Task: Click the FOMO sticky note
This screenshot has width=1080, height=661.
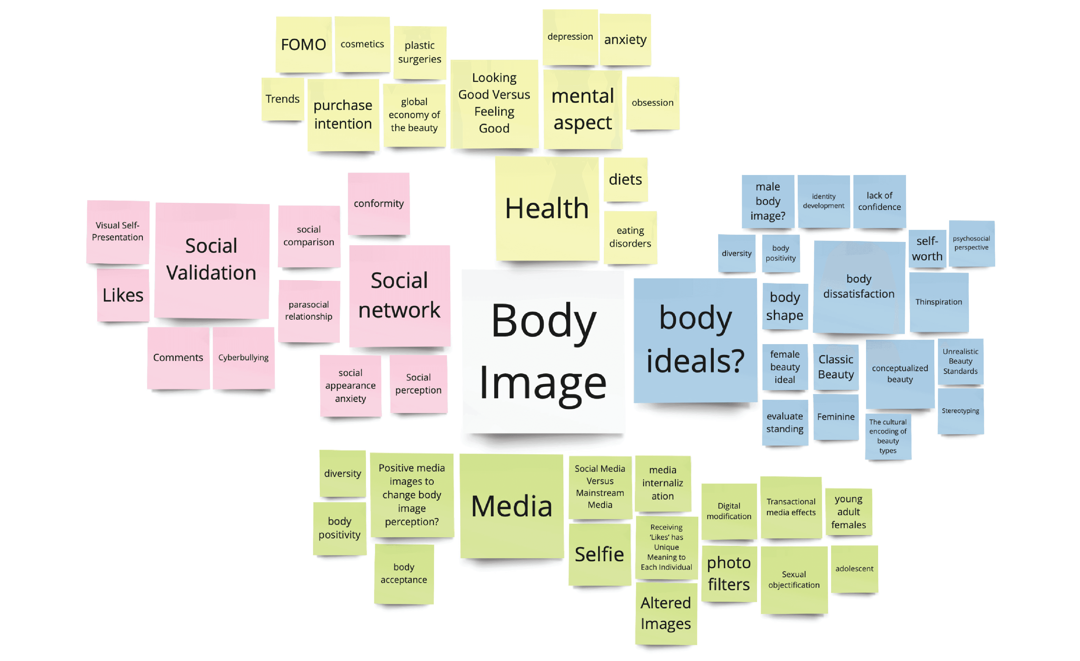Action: pyautogui.click(x=303, y=45)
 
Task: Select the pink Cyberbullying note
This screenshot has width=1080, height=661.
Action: pyautogui.click(x=243, y=357)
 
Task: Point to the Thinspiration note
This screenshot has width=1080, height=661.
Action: pyautogui.click(x=938, y=302)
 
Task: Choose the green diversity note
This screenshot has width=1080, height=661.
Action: pyautogui.click(x=342, y=473)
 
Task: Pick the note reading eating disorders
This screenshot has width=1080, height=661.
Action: pyautogui.click(x=630, y=237)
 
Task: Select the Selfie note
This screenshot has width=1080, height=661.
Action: pyautogui.click(x=599, y=554)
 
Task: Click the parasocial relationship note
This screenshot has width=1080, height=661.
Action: pyautogui.click(x=309, y=311)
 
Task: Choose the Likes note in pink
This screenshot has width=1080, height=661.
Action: pyautogui.click(x=123, y=295)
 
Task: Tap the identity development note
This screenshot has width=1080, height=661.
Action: pyautogui.click(x=823, y=201)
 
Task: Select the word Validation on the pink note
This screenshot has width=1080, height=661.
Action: pyautogui.click(x=211, y=273)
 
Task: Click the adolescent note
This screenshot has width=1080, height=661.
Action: pyautogui.click(x=854, y=568)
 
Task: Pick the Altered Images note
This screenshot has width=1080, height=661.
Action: pyautogui.click(x=665, y=613)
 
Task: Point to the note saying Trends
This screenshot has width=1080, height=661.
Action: pyautogui.click(x=282, y=99)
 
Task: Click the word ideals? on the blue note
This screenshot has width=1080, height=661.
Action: pyautogui.click(x=695, y=361)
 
